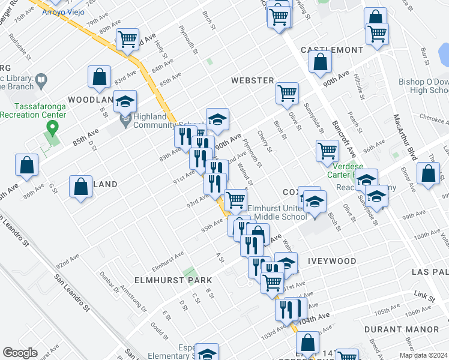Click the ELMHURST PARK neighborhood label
173,280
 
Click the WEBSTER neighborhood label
253,80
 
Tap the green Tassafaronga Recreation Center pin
52,128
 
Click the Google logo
20,353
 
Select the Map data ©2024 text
424,355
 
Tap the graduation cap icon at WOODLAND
125,101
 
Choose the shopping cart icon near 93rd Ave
235,199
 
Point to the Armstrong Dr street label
133,298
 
